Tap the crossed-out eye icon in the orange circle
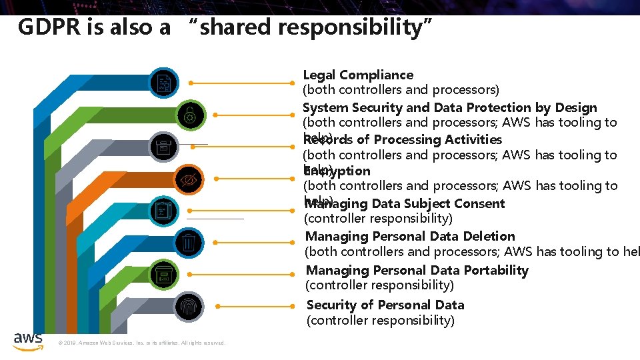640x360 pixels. point(190,179)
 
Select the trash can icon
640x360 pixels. point(189,242)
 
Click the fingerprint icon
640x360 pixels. point(189,306)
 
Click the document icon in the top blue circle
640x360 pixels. point(163,83)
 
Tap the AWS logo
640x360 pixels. point(28,340)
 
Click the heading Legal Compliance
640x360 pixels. point(358,75)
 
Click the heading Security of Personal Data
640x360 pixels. point(385,305)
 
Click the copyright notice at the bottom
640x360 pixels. point(142,343)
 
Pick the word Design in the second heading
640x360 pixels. point(575,107)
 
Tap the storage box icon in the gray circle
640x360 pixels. point(163,147)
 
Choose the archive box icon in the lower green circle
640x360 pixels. point(163,274)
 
